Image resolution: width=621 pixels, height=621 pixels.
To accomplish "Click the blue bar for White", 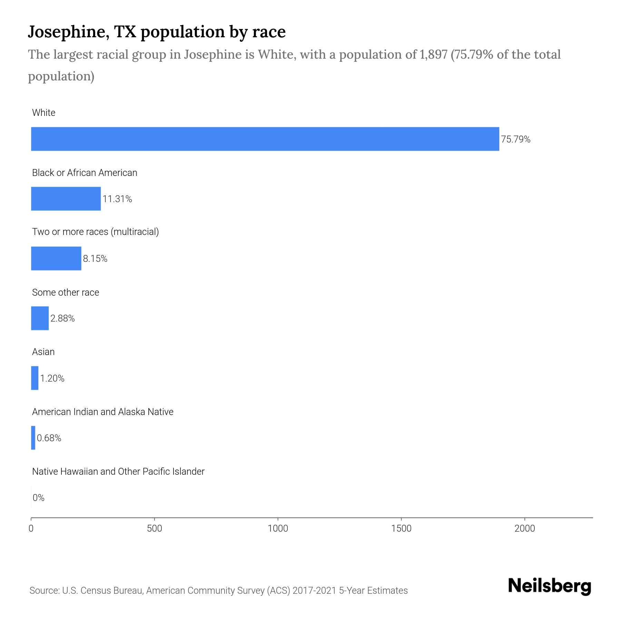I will coord(265,139).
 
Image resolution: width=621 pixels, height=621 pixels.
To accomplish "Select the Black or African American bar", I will coord(66,199).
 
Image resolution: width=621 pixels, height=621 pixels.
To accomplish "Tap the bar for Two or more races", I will coord(56,258).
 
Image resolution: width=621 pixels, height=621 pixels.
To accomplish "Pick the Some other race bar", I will coord(40,318).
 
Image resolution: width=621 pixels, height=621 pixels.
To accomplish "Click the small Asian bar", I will coord(35,378).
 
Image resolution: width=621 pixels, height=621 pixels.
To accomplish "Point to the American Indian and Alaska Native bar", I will coord(33,438).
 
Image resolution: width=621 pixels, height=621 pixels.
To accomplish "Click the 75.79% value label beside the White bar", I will coord(515,139).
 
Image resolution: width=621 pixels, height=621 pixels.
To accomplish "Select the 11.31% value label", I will coord(117,199).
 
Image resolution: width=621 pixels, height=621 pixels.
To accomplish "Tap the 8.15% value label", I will coord(95,259).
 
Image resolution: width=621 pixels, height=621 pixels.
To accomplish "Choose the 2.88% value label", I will coord(62,318).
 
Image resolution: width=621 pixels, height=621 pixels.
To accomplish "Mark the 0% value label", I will coord(39,498).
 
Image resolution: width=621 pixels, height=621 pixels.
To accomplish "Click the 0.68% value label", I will coord(49,438).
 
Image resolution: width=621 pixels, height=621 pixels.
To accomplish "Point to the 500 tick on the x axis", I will coord(154,529).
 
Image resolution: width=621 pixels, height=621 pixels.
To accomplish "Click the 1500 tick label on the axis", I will coord(401,529).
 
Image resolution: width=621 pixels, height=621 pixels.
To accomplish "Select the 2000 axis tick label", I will coord(524,529).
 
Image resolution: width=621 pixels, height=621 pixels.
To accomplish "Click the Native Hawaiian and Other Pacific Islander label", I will coord(118,472).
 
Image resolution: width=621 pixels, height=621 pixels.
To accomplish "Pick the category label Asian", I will coord(43,352).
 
